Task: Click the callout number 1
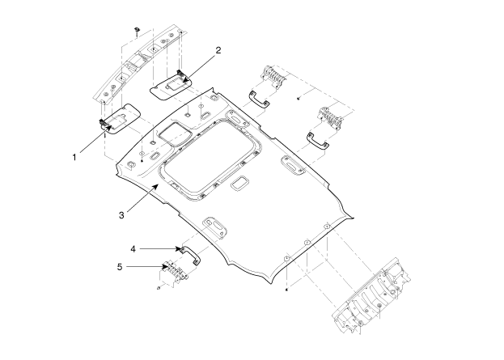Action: (74, 158)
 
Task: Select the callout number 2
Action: (218, 50)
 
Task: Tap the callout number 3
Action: (121, 215)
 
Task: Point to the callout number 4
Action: (133, 249)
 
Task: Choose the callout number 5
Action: (120, 267)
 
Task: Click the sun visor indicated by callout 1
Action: (121, 118)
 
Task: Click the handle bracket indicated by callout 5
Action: (174, 272)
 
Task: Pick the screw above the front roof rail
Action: (138, 30)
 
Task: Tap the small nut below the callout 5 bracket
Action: (159, 287)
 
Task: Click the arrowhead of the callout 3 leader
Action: (156, 186)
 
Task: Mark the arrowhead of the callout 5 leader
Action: (166, 266)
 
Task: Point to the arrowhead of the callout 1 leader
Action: (109, 129)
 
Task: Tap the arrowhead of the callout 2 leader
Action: (185, 78)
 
